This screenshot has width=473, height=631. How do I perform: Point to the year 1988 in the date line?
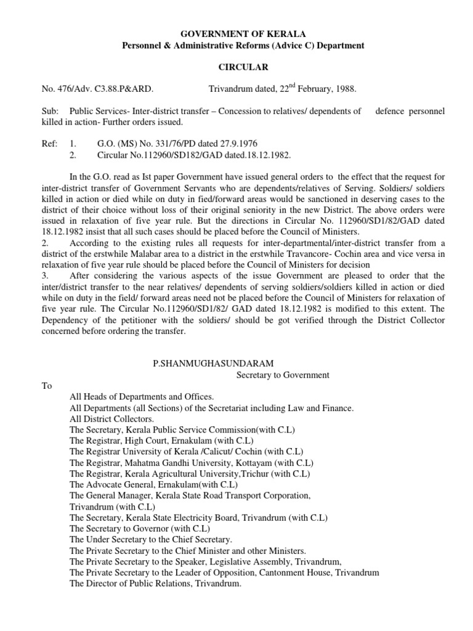[345, 89]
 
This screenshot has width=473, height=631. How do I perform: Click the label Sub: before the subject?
[49, 112]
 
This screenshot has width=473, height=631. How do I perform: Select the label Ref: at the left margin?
[49, 144]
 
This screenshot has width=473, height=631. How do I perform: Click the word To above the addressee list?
[47, 386]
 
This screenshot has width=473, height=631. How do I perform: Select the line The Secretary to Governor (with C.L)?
[140, 529]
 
